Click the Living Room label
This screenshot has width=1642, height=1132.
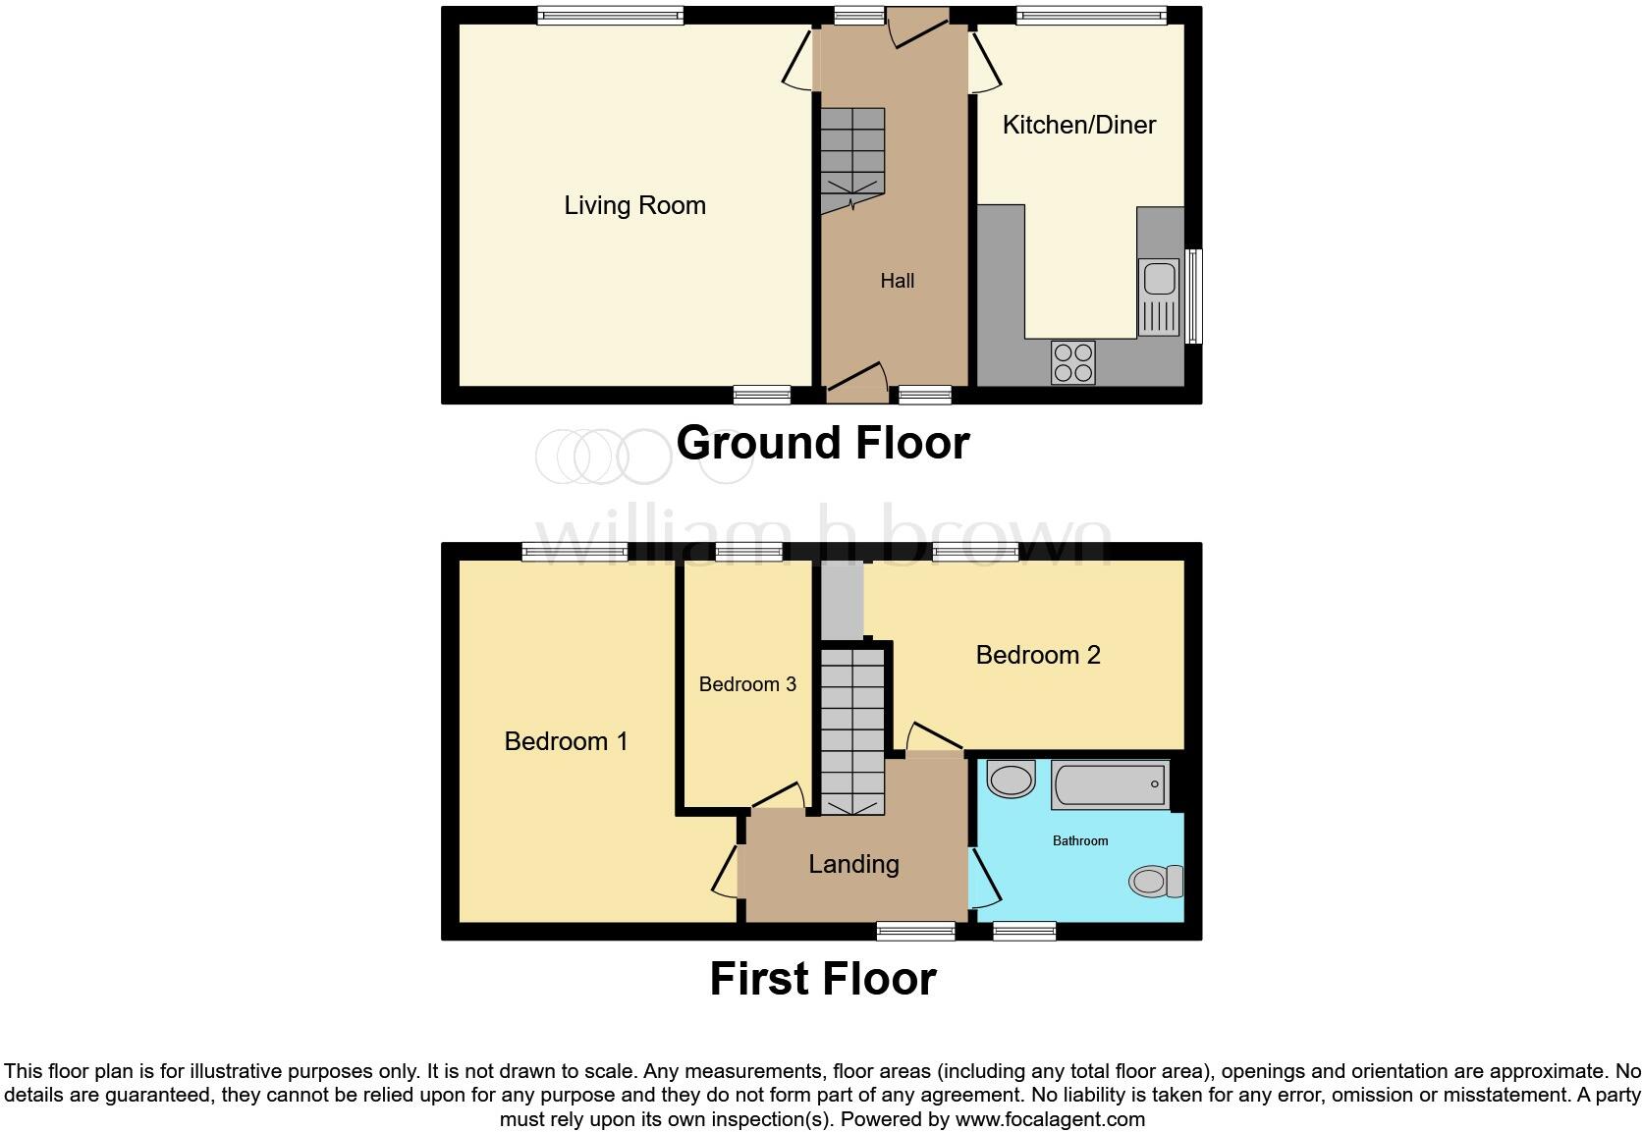point(634,205)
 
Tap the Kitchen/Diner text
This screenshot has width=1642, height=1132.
point(1078,125)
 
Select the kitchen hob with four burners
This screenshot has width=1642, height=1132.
point(1072,361)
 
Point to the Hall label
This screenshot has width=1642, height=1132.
point(897,281)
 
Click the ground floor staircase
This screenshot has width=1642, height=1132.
point(852,160)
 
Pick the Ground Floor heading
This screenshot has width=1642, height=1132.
point(822,443)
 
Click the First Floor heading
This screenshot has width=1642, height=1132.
point(822,979)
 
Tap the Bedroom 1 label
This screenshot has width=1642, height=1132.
point(566,741)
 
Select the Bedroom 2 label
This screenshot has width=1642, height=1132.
point(1037,655)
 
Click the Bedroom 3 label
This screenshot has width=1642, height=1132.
point(747,684)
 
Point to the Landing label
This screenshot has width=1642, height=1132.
point(853,864)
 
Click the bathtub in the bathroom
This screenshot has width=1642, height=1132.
point(1110,784)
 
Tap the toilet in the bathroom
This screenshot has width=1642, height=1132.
point(1155,881)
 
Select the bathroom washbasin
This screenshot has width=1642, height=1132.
point(1011,780)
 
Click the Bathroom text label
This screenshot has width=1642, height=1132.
point(1080,840)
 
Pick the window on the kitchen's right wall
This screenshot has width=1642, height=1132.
point(1193,296)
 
